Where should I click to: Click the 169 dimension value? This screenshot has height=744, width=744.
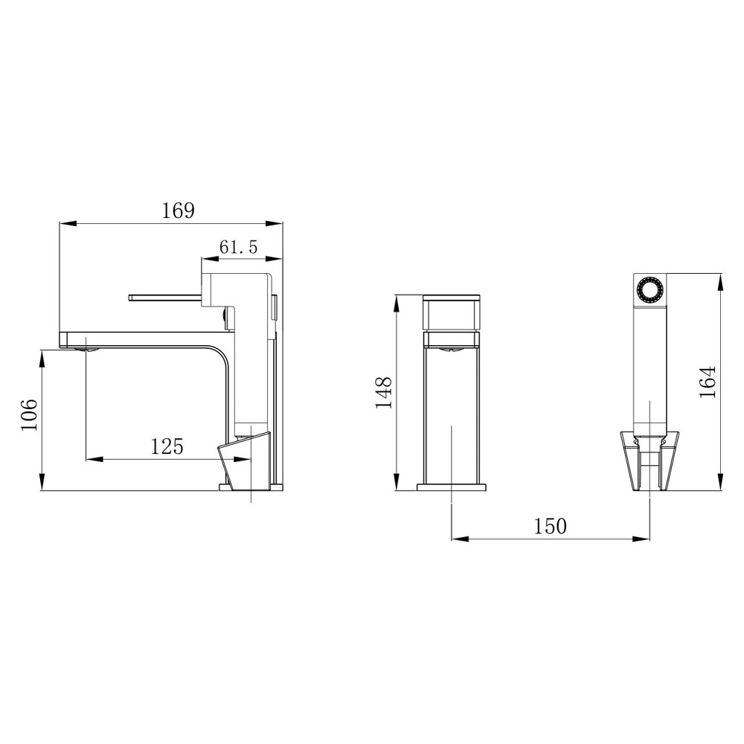point(178,211)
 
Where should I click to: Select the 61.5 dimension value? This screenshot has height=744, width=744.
point(238,248)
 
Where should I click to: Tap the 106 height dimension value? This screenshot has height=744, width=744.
point(28,414)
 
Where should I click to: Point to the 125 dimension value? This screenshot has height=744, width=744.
point(167,446)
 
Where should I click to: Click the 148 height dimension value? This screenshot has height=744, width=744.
point(384,392)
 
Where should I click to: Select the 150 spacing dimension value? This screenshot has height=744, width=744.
point(551,527)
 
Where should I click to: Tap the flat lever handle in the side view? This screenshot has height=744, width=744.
point(165,298)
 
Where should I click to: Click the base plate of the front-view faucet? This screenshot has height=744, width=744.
point(452,487)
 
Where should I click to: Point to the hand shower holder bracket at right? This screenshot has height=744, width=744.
point(649,461)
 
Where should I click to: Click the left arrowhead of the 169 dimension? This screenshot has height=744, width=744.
point(65,222)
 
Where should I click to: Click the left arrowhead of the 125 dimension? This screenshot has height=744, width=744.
point(93,458)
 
